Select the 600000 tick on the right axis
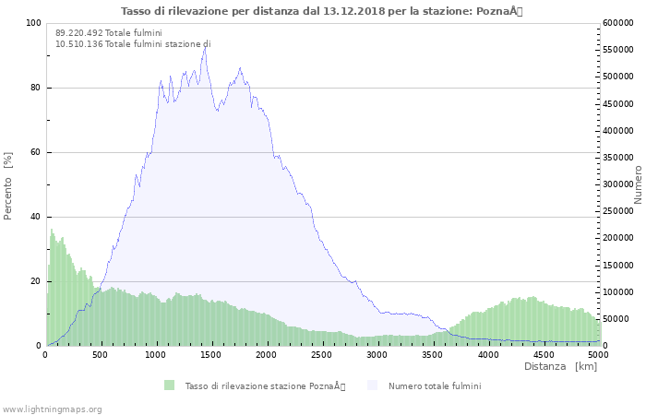coord(619,23)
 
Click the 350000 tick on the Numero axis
coord(619,158)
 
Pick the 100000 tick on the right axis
coord(619,292)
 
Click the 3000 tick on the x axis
coord(377,354)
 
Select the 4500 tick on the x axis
coord(544,354)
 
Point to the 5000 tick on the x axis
coord(598,354)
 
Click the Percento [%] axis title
coord(8,184)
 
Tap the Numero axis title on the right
coord(638,184)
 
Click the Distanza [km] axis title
coord(560,367)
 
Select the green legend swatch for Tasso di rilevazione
coord(169,385)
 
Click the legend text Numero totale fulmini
coord(434,385)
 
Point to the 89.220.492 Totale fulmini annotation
coord(108,32)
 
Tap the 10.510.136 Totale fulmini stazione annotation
coord(133,43)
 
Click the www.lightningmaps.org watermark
coord(53,409)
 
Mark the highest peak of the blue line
coord(205,48)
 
